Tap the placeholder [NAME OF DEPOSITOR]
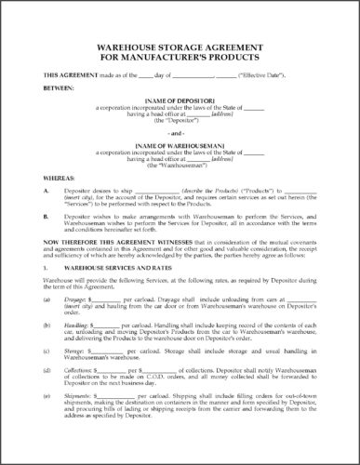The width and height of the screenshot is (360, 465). point(180,109)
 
